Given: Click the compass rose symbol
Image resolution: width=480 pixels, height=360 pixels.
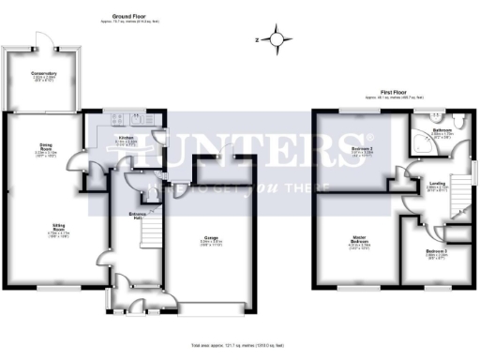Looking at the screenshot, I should point(277,39).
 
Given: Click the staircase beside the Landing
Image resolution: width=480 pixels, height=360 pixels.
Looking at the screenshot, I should point(461,191).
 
